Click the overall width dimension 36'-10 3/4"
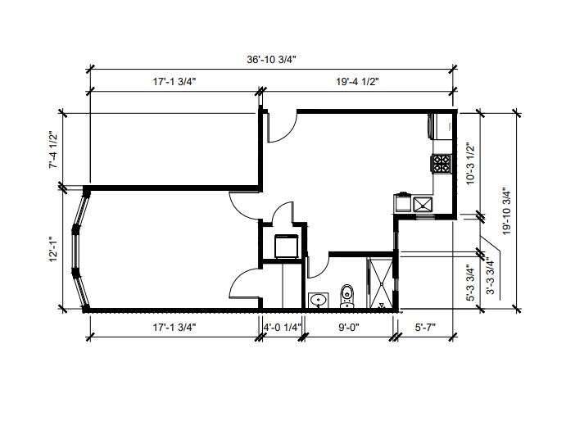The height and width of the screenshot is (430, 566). [x=271, y=60]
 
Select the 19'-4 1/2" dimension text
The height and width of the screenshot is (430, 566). [x=357, y=82]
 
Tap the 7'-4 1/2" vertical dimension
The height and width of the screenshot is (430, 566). [x=53, y=149]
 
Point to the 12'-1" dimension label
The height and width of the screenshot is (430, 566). [x=53, y=249]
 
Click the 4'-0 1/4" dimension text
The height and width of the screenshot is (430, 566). [x=282, y=328]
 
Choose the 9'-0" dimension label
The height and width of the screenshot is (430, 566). [x=349, y=328]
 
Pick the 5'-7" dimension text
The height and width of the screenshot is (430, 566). [x=425, y=328]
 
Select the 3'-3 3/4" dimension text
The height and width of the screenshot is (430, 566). [x=490, y=276]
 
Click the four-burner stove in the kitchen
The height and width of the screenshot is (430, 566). [x=441, y=163]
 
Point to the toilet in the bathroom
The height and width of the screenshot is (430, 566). [x=347, y=296]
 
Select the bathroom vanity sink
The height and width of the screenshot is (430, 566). [x=319, y=301]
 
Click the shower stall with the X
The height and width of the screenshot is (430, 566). [x=380, y=283]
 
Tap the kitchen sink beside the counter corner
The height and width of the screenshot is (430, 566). [x=423, y=204]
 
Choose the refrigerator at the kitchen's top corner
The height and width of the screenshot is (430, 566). [x=440, y=126]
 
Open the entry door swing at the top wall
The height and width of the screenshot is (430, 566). [x=282, y=127]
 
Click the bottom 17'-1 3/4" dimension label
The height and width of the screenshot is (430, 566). [x=174, y=328]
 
